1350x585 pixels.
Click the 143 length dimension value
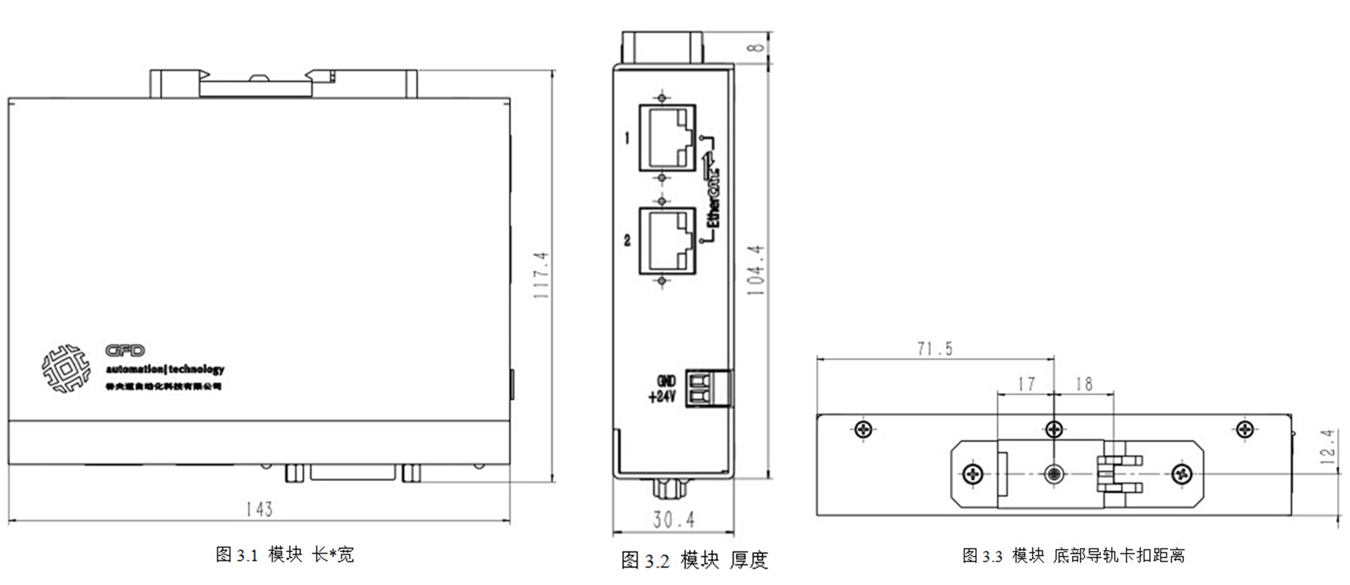click(259, 509)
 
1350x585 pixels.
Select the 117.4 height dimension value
click(541, 275)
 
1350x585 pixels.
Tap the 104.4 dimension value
click(755, 270)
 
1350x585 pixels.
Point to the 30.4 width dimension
click(674, 520)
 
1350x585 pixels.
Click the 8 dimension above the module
click(755, 47)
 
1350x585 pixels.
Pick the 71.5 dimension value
click(935, 349)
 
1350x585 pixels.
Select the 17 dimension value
click(1026, 384)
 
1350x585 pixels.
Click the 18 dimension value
click(1084, 384)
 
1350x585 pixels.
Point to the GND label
click(666, 381)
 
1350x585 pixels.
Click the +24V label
click(662, 396)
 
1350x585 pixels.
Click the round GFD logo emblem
click(66, 369)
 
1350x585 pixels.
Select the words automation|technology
click(165, 369)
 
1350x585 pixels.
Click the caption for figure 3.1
click(284, 554)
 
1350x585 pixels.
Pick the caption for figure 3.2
click(694, 560)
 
